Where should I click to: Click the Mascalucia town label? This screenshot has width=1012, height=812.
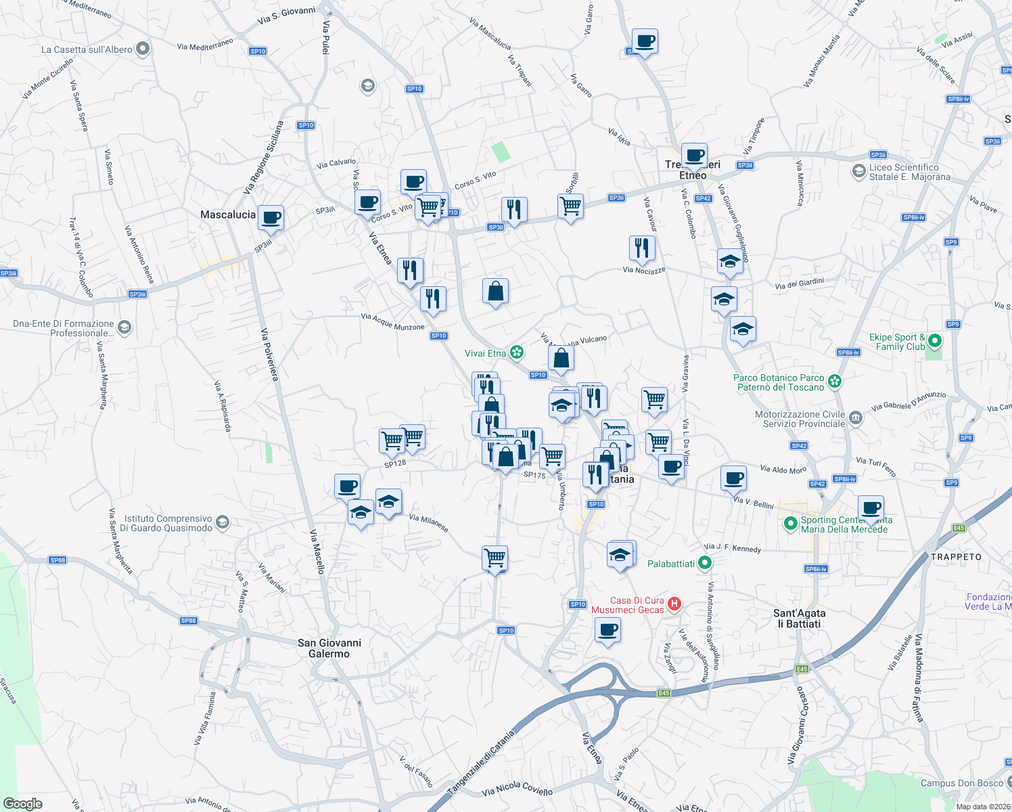tap(228, 215)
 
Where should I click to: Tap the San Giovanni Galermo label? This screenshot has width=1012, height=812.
tap(329, 648)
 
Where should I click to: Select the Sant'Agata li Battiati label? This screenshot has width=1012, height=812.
tap(799, 618)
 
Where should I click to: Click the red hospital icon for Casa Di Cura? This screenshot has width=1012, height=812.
tap(674, 604)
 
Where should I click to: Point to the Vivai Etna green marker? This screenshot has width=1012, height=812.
tap(517, 352)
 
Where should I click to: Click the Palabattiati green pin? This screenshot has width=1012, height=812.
tap(705, 563)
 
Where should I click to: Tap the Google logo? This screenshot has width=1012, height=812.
tap(22, 803)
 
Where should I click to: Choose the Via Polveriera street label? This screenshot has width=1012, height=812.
tap(269, 355)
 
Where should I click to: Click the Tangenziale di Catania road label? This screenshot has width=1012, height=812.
tap(480, 761)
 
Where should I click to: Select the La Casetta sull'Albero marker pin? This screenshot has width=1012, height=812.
tap(143, 49)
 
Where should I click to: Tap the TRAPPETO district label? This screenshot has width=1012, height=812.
tap(956, 557)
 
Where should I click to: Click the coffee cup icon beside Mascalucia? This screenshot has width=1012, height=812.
tap(271, 218)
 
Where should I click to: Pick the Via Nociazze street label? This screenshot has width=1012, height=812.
tap(644, 270)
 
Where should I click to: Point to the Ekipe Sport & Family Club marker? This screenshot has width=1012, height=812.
tap(934, 341)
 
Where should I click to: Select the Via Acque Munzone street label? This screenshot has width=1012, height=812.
tap(392, 321)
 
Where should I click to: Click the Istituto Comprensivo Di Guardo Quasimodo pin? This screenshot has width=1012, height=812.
tap(223, 522)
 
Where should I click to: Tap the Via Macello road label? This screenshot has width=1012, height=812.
tap(317, 551)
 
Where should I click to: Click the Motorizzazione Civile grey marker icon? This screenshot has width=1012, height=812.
tap(855, 418)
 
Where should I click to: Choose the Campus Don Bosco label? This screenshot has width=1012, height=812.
tap(961, 783)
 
